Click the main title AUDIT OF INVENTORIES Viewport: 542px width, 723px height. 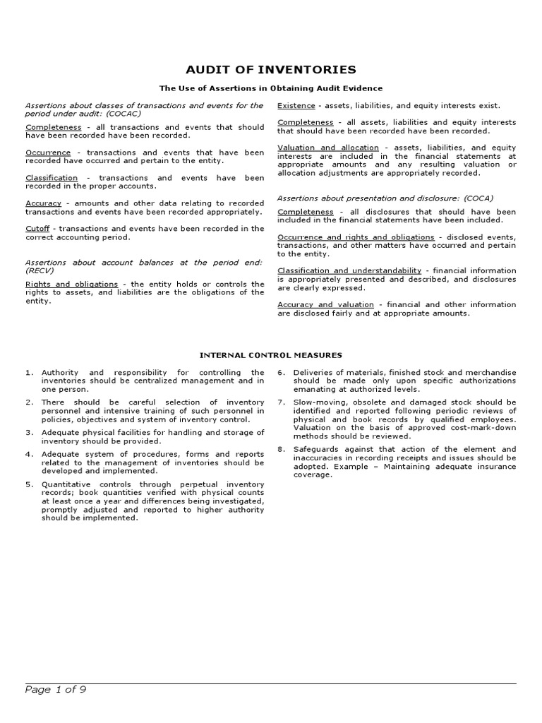tap(270, 69)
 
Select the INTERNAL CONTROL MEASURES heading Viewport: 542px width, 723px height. tap(270, 355)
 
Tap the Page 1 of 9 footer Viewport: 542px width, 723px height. tap(56, 690)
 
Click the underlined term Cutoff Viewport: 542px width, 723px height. tap(37, 228)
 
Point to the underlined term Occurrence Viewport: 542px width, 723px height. tap(48, 153)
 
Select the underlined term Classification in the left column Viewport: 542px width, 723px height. tap(52, 178)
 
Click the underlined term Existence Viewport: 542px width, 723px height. tap(296, 105)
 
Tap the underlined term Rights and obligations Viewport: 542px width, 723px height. tap(71, 284)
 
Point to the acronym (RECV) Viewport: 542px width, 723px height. tap(40, 270)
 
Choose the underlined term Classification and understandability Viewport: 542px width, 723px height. tap(349, 270)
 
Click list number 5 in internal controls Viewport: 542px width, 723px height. tap(29, 484)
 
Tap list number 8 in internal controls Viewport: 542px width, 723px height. tap(281, 449)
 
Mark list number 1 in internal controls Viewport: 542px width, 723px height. tap(29, 372)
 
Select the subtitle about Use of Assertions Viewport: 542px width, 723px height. tap(270, 88)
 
